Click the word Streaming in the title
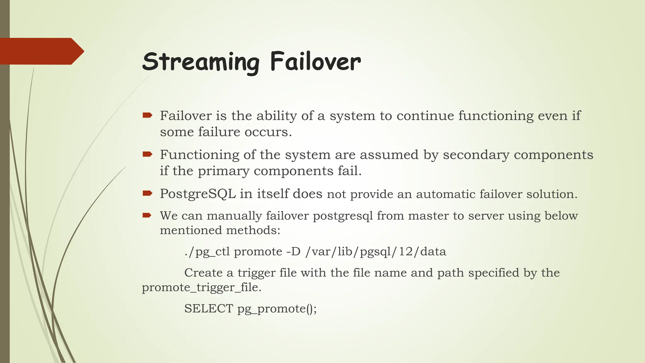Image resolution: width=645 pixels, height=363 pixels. [201, 62]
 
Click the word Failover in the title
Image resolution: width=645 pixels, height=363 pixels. [315, 62]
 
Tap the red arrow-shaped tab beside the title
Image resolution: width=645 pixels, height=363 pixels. [41, 51]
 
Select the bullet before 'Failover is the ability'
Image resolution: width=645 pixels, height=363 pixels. [147, 115]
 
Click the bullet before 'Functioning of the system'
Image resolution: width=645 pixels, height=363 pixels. [147, 154]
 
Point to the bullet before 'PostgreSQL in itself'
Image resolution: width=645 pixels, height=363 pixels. [147, 193]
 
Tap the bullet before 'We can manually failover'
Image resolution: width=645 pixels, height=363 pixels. [147, 216]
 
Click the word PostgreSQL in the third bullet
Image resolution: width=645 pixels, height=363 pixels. [198, 194]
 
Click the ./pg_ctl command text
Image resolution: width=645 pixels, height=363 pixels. [207, 252]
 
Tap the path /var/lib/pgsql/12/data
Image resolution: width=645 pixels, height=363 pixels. [376, 252]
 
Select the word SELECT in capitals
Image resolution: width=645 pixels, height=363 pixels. [208, 308]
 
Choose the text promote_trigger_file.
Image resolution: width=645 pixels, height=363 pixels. [201, 288]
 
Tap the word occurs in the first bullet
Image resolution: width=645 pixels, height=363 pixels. [268, 132]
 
